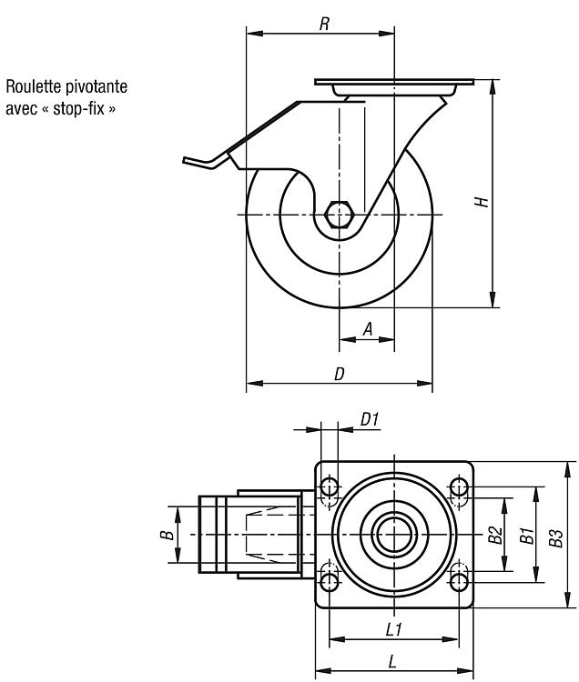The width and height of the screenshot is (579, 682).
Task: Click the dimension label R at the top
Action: [324, 25]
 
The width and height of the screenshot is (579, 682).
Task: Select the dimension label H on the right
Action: [482, 202]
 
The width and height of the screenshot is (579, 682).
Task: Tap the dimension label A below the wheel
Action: [368, 329]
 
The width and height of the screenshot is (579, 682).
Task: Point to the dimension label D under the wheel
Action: [340, 374]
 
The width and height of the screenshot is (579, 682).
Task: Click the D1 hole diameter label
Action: [370, 419]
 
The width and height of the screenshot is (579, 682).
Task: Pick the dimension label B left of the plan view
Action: [167, 535]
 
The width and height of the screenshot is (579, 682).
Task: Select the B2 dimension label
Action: [495, 535]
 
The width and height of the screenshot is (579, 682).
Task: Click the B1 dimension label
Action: [527, 536]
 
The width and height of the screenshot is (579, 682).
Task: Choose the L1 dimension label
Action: [394, 629]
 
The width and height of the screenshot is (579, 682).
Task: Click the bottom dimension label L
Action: [392, 662]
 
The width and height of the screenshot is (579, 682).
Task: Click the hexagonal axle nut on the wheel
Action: [340, 215]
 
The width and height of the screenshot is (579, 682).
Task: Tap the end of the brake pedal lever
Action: [185, 160]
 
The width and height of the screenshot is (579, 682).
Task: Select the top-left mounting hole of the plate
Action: [330, 486]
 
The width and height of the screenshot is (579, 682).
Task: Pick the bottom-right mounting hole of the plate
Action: [459, 582]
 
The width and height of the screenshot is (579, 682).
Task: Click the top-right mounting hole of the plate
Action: [459, 486]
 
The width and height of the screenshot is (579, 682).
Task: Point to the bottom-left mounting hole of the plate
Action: [330, 582]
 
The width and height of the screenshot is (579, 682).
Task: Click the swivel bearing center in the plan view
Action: [394, 535]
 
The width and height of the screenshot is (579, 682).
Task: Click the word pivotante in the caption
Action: [96, 86]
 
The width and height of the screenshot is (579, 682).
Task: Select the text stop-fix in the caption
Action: [79, 108]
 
